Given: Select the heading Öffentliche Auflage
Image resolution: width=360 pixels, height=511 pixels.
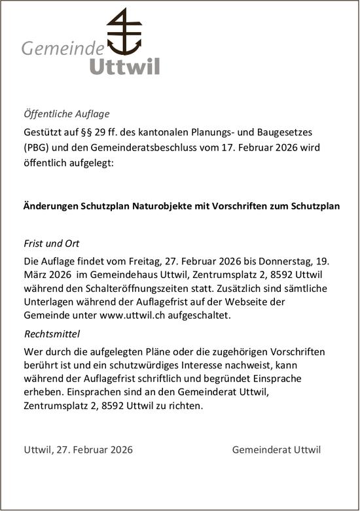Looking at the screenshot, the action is click(66, 113).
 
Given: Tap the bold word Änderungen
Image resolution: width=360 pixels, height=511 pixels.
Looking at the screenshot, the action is click(51, 205).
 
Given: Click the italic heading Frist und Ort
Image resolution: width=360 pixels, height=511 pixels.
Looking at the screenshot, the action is click(51, 243).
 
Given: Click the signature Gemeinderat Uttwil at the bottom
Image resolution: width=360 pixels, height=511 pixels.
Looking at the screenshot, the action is click(276, 449).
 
